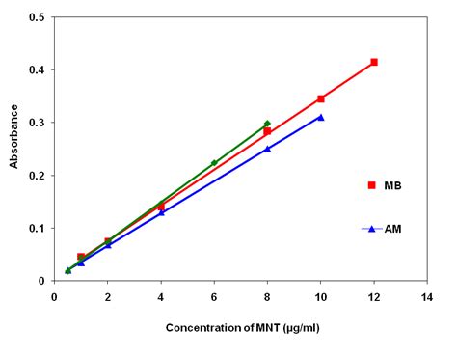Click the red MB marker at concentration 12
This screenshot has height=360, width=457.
click(374, 62)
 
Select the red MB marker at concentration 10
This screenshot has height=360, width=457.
click(321, 98)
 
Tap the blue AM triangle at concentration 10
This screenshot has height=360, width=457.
click(321, 117)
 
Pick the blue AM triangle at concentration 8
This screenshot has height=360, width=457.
click(267, 149)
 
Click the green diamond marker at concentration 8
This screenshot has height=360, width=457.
click(267, 124)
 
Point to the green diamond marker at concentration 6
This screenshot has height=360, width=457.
click(214, 163)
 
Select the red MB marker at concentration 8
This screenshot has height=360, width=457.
click(267, 132)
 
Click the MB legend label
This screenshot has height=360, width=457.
click(392, 185)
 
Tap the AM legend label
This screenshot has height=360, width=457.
click(392, 229)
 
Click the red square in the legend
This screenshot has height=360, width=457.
click(370, 185)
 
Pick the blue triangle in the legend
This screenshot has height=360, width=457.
click(370, 229)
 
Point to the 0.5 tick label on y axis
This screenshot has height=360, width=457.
click(35, 17)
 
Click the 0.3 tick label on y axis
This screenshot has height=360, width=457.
click(35, 123)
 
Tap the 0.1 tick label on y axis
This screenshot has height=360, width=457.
click(35, 229)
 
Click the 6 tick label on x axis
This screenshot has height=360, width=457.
click(214, 297)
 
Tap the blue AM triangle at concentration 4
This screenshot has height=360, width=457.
click(161, 211)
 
